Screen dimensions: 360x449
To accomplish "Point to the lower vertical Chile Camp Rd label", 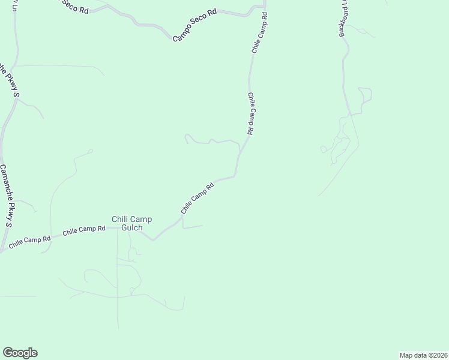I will point(251,113).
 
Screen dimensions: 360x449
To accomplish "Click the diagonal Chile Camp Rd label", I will point(197,198).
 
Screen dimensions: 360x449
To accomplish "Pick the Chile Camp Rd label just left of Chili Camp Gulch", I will point(84,229).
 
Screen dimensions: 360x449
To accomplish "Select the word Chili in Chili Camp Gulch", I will point(121,219).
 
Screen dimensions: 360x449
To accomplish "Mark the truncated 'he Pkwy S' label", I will point(10,79).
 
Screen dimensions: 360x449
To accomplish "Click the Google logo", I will point(20,353).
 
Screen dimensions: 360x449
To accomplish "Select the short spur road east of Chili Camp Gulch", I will point(193,227).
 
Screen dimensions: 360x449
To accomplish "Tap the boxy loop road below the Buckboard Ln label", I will point(364,99).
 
